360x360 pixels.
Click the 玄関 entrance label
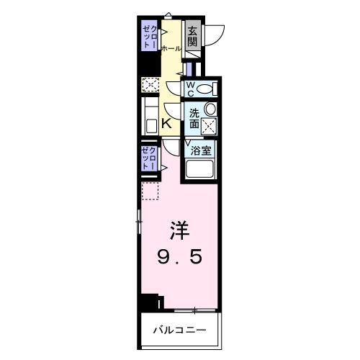192,36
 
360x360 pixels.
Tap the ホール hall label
171,48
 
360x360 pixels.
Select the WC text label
191,89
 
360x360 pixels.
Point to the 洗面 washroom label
194,118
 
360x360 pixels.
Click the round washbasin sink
210,109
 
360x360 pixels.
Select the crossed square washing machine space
210,126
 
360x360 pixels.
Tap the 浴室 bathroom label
201,150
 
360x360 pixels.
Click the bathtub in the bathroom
201,171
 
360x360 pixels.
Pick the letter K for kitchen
166,124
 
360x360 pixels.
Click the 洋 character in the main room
179,232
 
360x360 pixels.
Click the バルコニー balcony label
179,330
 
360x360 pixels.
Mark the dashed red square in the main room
149,191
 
